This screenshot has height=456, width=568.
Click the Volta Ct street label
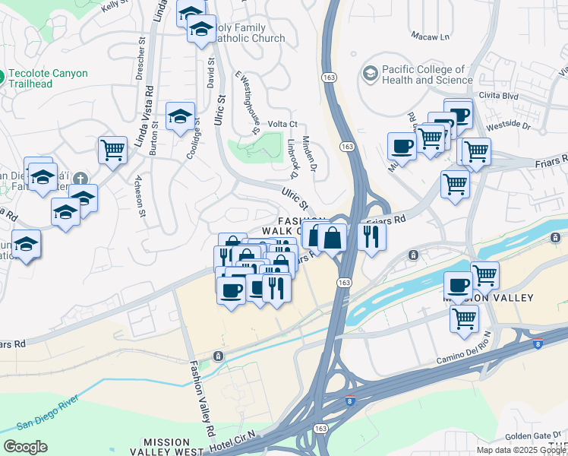tap(282, 124)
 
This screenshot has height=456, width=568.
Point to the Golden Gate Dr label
tap(531, 435)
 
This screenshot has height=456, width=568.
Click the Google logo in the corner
tap(24, 447)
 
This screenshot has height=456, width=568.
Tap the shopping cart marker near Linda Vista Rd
tap(113, 149)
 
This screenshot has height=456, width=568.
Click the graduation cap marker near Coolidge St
tap(180, 116)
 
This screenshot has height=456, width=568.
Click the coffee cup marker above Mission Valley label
tap(458, 285)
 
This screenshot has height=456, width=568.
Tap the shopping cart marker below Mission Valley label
tap(464, 318)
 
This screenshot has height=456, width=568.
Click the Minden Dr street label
tap(308, 152)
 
